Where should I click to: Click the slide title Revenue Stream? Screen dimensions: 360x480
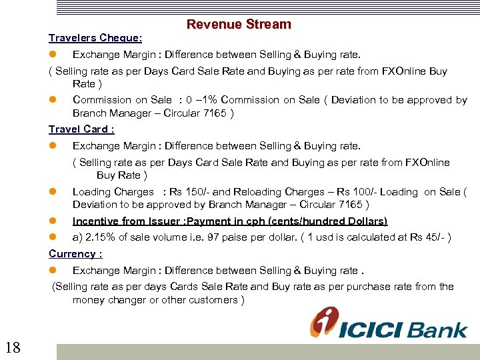pyautogui.click(x=239, y=25)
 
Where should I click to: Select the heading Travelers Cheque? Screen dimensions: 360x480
pyautogui.click(x=95, y=38)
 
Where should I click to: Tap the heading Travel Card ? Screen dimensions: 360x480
pyautogui.click(x=81, y=129)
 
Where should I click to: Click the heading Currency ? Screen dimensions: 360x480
pyautogui.click(x=75, y=254)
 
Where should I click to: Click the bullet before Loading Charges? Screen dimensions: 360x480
pyautogui.click(x=53, y=192)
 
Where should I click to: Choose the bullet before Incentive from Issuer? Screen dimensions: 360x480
pyautogui.click(x=53, y=221)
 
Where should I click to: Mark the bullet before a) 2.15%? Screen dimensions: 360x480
pyautogui.click(x=53, y=237)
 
